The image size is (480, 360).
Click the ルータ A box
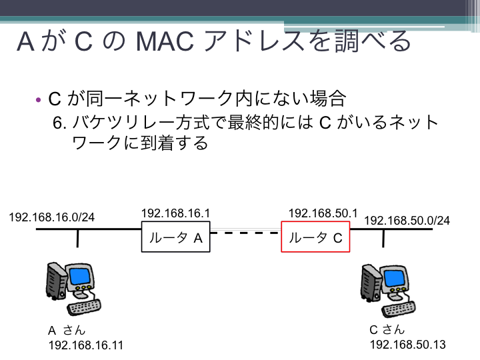pos(176,237)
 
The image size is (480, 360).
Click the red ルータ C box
pos(315,237)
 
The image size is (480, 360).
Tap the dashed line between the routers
pos(245,233)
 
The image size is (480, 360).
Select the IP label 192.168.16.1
pos(176,213)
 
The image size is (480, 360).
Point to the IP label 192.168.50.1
pos(323,213)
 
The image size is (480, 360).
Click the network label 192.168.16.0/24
pos(52,217)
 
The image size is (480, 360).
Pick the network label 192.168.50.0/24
pos(407,221)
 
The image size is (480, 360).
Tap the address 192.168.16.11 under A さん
pos(86,345)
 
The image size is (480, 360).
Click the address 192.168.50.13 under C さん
pos(408,345)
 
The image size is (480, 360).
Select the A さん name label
pos(67,330)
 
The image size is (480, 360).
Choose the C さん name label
pos(387,330)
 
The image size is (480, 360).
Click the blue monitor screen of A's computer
pos(80,276)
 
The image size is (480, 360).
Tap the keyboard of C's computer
pos(399,309)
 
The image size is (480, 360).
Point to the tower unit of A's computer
pos(56,281)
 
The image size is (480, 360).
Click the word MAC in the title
pos(165,41)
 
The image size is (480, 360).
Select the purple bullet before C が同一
pos(38,99)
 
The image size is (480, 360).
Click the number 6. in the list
pos(60,123)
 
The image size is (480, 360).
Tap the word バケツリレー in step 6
pos(123,122)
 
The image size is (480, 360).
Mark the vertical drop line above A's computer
pos(77,238)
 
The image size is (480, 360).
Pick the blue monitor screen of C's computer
pos(394,278)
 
